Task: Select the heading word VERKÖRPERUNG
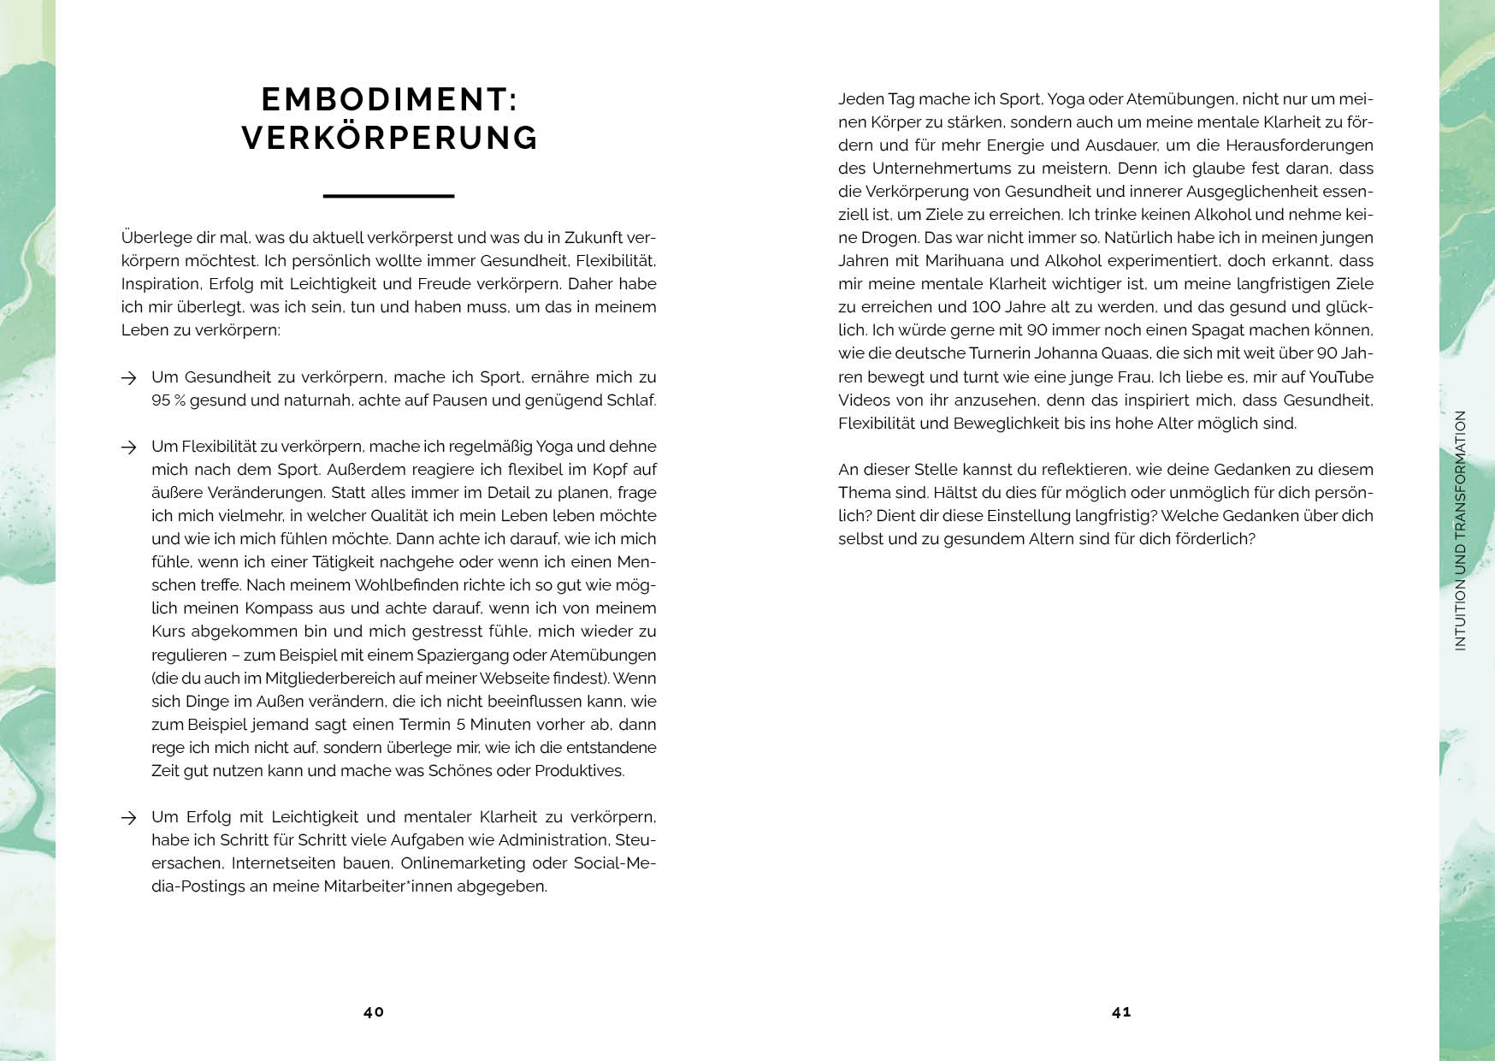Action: (x=390, y=138)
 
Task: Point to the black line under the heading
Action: (x=388, y=196)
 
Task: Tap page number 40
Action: (x=374, y=1011)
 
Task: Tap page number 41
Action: (x=1121, y=1011)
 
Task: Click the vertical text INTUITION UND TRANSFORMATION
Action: (x=1460, y=530)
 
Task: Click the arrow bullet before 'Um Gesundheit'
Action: (x=129, y=377)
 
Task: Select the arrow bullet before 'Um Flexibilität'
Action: (x=129, y=447)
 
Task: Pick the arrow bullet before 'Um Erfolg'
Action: (x=129, y=818)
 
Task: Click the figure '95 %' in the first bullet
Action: (x=168, y=400)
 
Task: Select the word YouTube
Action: (x=1340, y=377)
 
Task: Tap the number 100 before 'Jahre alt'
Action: (x=989, y=307)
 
